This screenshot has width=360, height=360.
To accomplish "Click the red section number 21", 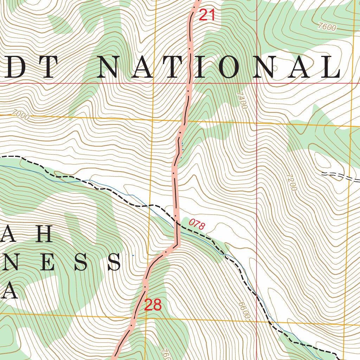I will (x=207, y=15).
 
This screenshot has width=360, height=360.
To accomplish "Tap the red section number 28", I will (x=153, y=305).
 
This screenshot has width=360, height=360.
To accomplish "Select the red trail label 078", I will (x=196, y=224).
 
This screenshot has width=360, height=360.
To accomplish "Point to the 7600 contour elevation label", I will (x=326, y=27).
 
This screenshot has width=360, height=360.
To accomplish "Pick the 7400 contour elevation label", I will (x=242, y=100).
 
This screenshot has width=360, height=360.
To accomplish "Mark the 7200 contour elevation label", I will (x=291, y=182).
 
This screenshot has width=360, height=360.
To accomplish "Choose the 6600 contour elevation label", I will (x=244, y=310).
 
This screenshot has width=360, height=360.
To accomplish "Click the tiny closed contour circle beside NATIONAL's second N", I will (x=275, y=68).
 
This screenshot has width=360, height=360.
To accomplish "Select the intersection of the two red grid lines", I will (x=257, y=83).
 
